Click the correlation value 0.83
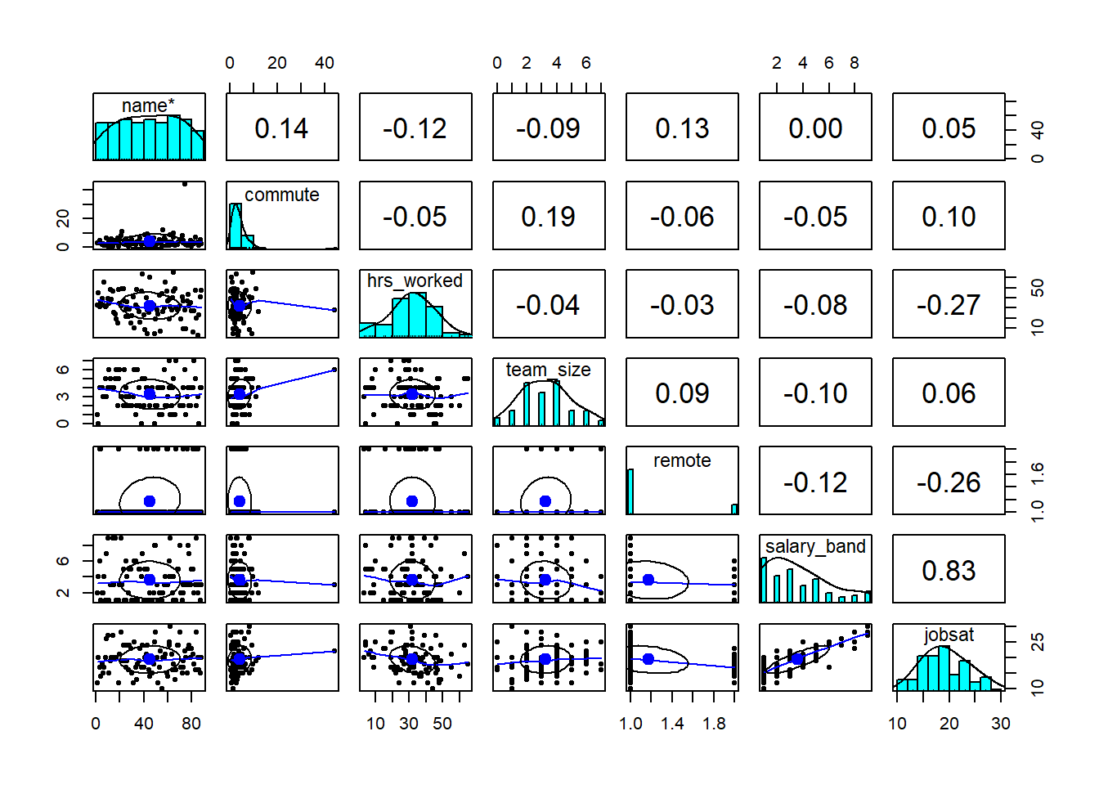pos(949,570)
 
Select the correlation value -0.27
pos(949,305)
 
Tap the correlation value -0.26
pos(949,482)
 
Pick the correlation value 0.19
pos(549,217)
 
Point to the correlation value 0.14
pos(281,128)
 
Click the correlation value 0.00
pos(815,128)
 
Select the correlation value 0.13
pos(682,128)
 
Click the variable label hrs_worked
pos(415,280)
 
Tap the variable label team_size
pos(548,370)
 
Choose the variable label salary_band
pos(815,546)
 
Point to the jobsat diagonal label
pos(949,635)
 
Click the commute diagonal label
pos(281,195)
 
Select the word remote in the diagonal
pos(682,460)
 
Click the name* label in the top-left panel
pos(148,105)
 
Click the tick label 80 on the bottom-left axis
pos(191,724)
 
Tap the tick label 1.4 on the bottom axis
pos(672,724)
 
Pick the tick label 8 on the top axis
pos(855,63)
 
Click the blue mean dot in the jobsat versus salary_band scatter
pos(797,658)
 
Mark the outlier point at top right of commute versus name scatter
pos(186,184)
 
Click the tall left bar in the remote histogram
pos(630,491)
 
